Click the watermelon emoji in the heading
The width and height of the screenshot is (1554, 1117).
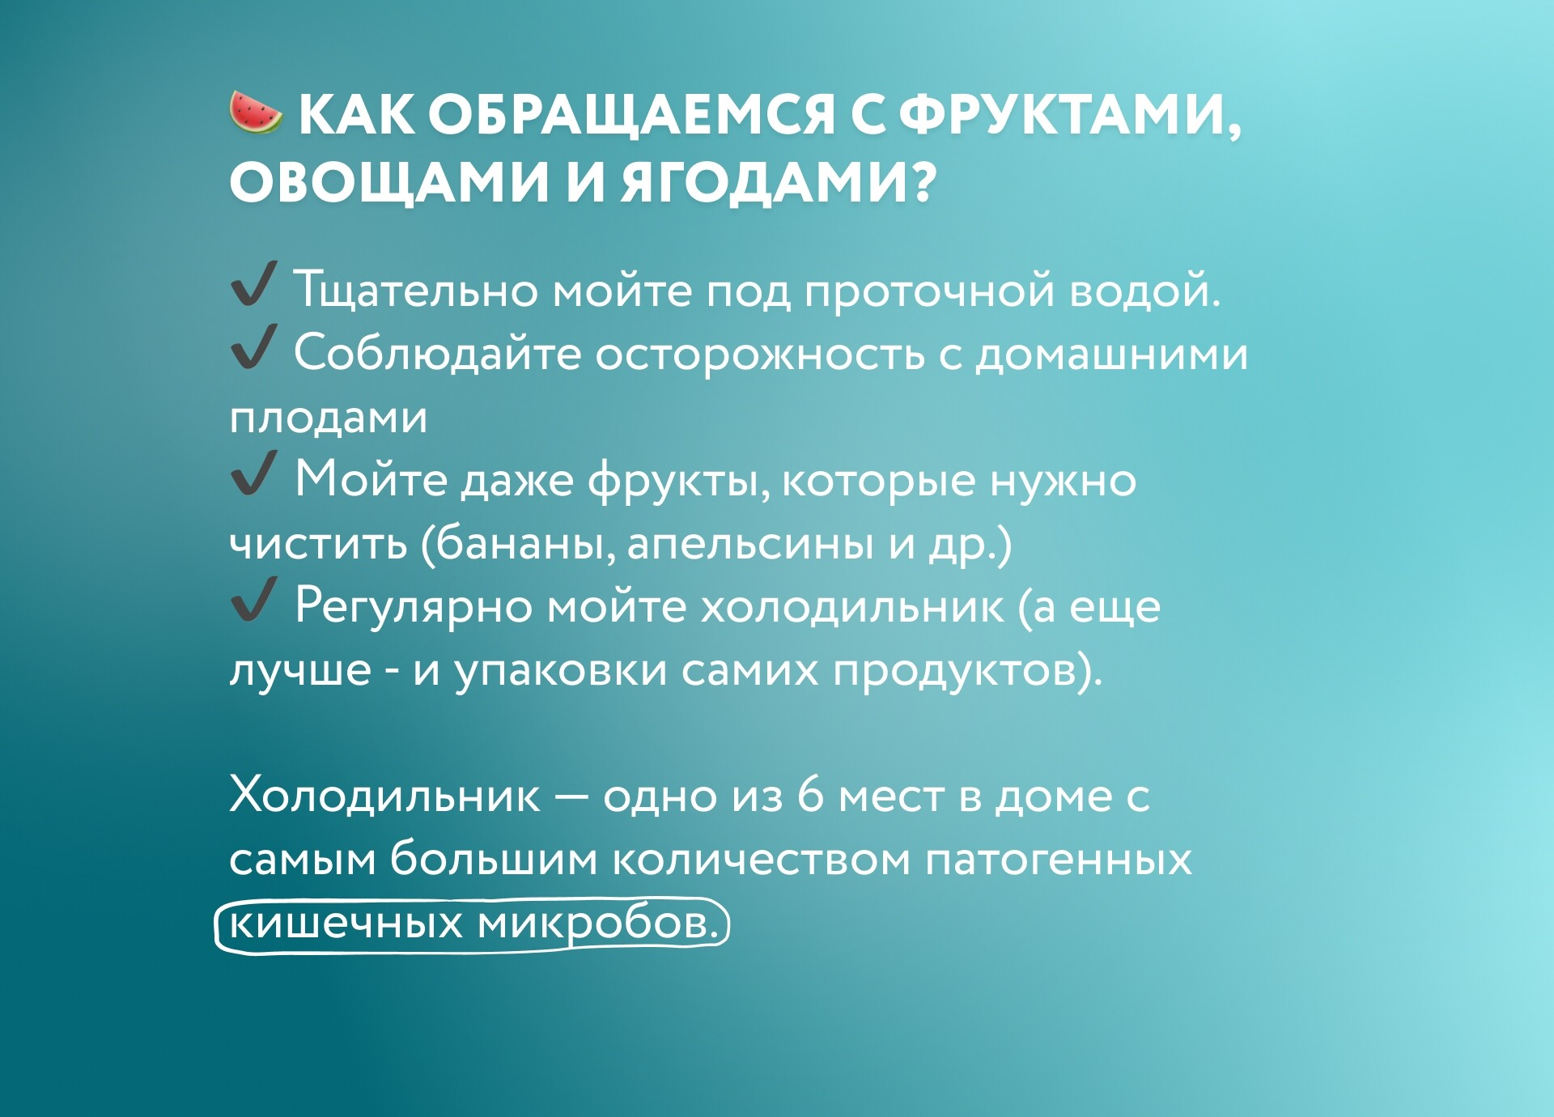coord(256,113)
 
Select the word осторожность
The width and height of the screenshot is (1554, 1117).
coord(759,355)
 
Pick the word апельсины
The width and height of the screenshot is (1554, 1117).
coord(750,544)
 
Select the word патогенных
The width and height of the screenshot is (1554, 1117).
coord(1058,859)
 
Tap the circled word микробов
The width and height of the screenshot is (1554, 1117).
coord(598,923)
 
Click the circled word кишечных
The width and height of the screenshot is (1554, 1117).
coord(346,923)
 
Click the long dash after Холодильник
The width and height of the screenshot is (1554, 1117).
coord(571,797)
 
